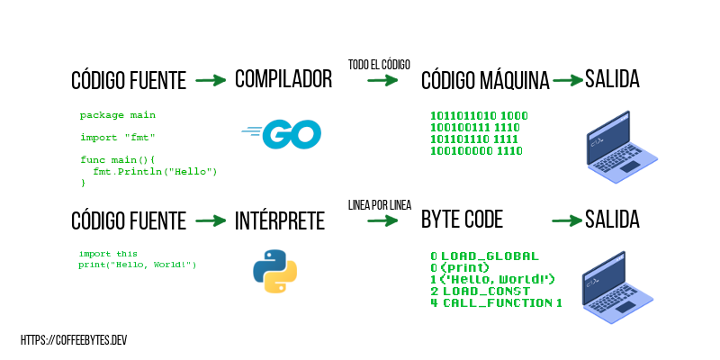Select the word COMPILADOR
[x=283, y=79]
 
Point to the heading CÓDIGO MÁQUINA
[x=485, y=81]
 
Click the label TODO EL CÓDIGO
[x=379, y=64]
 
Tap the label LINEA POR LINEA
[x=379, y=205]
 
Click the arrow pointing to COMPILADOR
[x=210, y=80]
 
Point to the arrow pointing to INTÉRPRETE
[x=210, y=220]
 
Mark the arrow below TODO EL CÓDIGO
[x=382, y=80]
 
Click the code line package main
[x=117, y=115]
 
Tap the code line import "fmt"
[x=117, y=137]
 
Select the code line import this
[x=108, y=254]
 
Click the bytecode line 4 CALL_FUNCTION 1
[x=496, y=302]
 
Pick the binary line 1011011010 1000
[x=479, y=116]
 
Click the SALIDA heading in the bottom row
[x=612, y=220]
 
